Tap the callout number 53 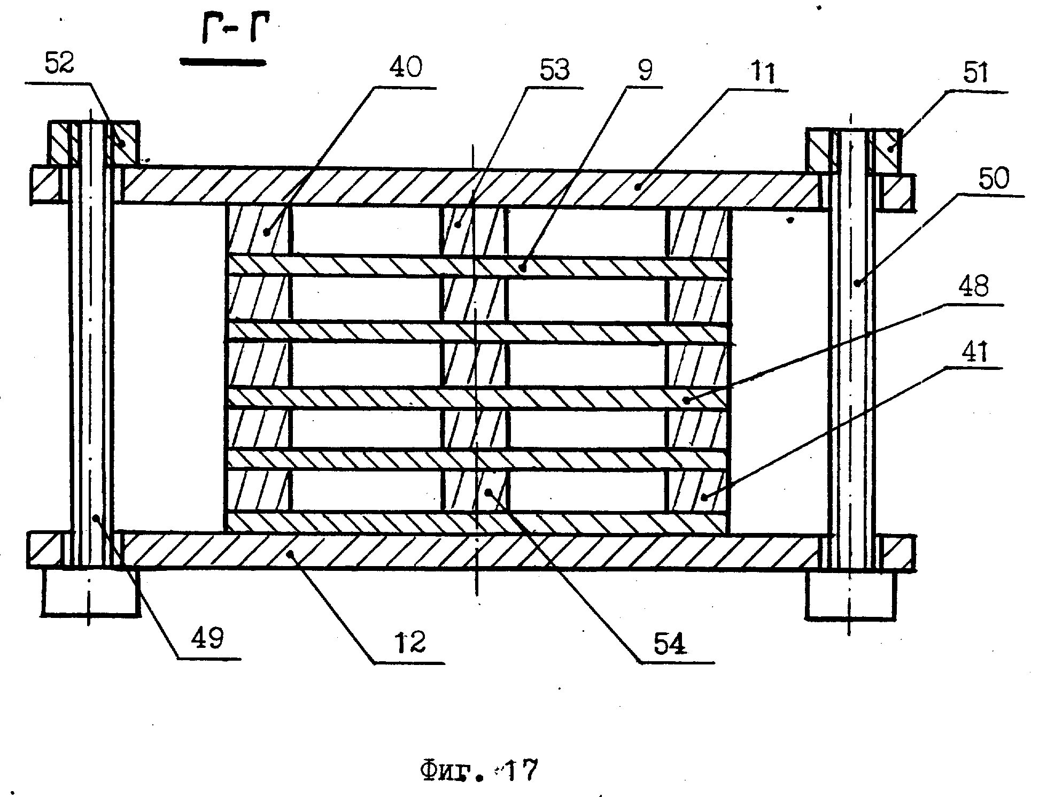click(x=554, y=71)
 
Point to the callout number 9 click(x=645, y=70)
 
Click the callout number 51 click(x=976, y=73)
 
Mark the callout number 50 click(x=994, y=179)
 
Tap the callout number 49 click(x=208, y=637)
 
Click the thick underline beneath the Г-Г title click(x=223, y=63)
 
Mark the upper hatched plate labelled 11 click(x=470, y=187)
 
